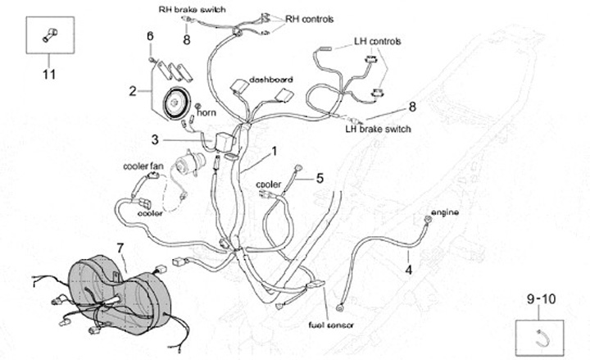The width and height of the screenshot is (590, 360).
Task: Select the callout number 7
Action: (120, 247)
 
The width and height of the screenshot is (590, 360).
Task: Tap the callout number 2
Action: (132, 91)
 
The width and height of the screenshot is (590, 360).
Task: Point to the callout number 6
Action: (150, 36)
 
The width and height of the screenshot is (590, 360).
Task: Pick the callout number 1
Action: (275, 151)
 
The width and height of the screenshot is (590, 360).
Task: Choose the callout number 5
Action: (320, 177)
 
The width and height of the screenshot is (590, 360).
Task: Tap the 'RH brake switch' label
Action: (192, 9)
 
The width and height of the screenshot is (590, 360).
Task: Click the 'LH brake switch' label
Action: (378, 129)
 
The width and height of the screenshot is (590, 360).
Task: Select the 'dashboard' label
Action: (270, 80)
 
